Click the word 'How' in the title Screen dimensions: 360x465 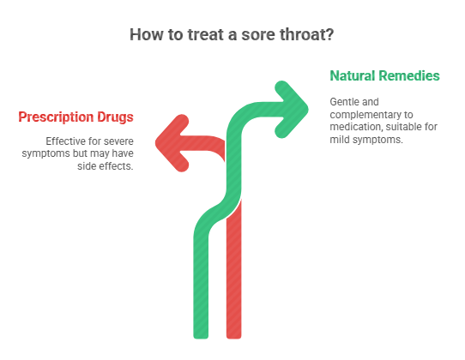coord(147,35)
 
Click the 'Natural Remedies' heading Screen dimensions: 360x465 coord(384,76)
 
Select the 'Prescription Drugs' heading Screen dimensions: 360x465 coord(76,117)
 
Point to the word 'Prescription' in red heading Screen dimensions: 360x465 coord(57,117)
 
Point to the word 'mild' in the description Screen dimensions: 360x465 coord(343,141)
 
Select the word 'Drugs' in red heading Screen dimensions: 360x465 coord(115,117)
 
